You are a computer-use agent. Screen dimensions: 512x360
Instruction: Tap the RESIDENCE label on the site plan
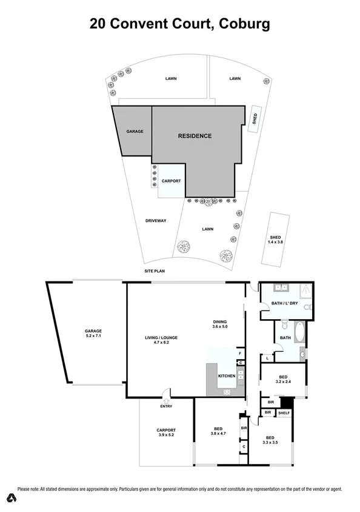195,136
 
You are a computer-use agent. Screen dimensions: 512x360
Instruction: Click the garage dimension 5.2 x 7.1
93,335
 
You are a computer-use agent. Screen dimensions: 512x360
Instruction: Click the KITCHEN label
227,376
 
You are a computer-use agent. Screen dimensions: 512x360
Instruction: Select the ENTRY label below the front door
166,406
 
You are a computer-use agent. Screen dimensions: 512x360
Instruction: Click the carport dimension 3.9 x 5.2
166,435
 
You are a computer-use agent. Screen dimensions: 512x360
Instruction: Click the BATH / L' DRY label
282,302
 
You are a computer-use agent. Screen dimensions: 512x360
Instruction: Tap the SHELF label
284,413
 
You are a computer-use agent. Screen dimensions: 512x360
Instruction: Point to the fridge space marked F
240,353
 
